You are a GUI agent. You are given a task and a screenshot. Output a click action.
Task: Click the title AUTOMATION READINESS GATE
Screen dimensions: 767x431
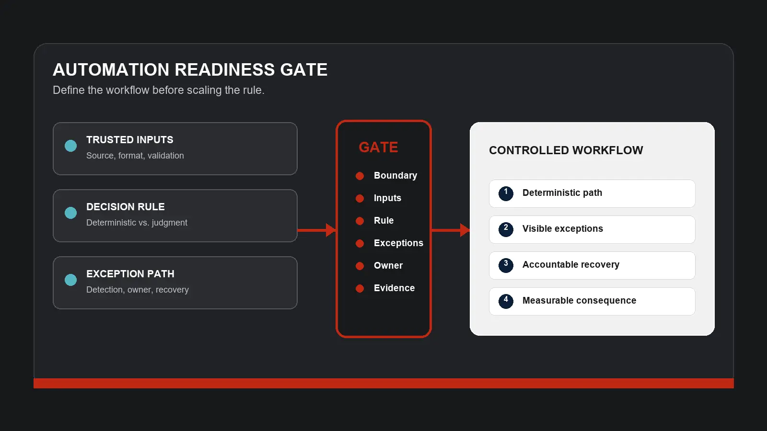[190, 69]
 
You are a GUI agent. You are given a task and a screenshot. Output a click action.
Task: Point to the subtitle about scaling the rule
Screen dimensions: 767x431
[159, 90]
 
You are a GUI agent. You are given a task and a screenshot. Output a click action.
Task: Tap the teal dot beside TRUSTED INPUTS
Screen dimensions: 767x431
[71, 146]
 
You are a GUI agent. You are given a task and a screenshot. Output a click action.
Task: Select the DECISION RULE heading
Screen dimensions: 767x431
[125, 206]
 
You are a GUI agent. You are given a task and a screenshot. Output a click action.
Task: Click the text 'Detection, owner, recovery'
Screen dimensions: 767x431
[137, 290]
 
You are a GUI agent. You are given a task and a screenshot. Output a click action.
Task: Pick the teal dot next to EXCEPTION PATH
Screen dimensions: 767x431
[71, 280]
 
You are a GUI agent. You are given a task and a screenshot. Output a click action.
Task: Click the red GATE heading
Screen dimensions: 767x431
[378, 147]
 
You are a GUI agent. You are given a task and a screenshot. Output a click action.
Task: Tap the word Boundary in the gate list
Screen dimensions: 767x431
[395, 175]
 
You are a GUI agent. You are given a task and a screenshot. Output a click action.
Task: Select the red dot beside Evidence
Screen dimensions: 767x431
[360, 288]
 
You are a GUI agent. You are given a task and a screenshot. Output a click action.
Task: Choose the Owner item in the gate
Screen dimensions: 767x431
[388, 265]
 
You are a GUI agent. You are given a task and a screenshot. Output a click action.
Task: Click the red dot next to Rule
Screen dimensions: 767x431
[360, 221]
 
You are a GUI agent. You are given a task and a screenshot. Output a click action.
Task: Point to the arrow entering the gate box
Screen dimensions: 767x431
[317, 230]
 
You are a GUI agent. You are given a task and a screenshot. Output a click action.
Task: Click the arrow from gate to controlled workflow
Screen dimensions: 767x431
[451, 230]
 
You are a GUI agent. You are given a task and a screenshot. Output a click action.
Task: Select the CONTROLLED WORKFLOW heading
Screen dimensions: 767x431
[566, 150]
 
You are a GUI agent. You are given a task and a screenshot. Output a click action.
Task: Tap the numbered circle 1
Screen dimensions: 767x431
[506, 193]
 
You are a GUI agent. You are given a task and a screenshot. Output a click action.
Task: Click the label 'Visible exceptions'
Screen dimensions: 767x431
[563, 228]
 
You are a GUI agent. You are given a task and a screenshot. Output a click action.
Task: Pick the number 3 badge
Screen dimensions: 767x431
[506, 265]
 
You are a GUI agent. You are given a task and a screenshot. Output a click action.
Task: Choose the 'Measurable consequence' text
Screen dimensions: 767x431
[580, 300]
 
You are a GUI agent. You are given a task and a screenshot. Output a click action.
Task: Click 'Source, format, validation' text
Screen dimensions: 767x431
[135, 156]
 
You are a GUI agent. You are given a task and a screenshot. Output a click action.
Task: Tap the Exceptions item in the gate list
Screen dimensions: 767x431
[398, 243]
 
